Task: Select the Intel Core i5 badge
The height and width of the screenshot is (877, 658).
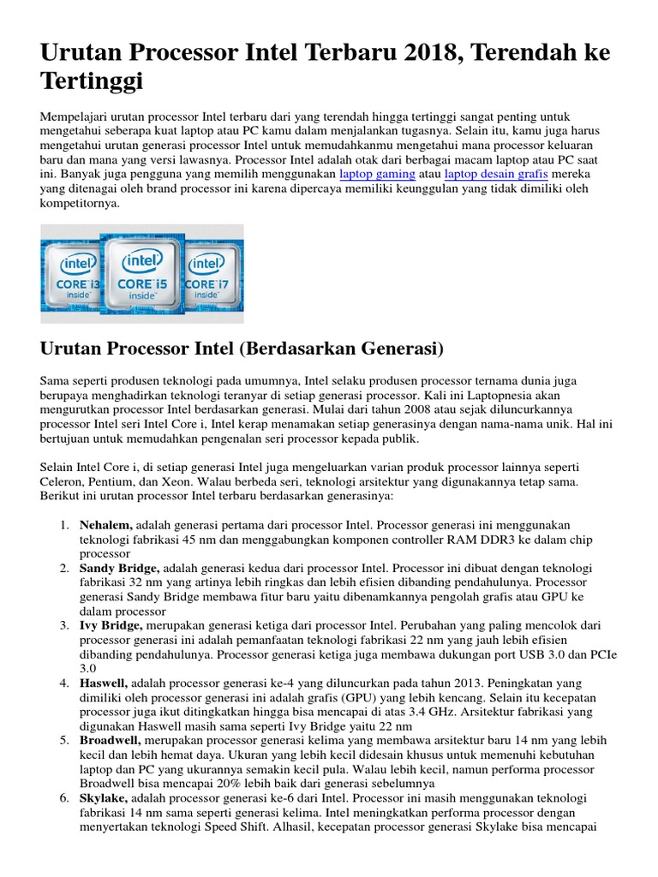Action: pos(142,269)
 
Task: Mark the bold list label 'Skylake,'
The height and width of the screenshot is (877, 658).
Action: pos(105,797)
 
